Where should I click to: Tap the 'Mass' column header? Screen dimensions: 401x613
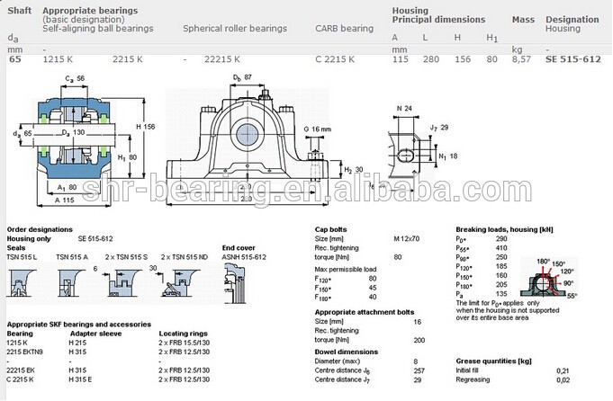pyautogui.click(x=523, y=18)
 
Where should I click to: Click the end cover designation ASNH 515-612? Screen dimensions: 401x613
pyautogui.click(x=245, y=257)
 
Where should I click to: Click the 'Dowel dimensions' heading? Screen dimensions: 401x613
pyautogui.click(x=345, y=352)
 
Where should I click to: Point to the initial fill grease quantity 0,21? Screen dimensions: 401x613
pyautogui.click(x=563, y=370)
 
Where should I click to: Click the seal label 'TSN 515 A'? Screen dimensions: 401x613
pyautogui.click(x=72, y=257)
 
